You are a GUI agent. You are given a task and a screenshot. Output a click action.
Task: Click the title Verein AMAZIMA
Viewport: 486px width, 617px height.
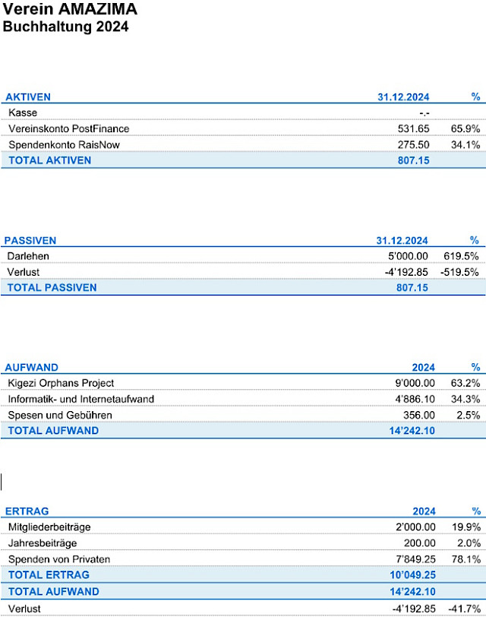point(71,10)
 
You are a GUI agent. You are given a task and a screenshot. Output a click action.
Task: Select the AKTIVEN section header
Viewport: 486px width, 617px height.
point(28,97)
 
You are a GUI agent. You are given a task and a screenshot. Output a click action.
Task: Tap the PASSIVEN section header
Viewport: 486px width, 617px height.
point(30,241)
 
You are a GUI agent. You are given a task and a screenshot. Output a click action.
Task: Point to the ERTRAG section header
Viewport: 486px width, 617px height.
point(27,511)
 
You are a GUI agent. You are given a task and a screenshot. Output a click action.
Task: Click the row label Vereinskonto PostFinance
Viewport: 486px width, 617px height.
point(68,128)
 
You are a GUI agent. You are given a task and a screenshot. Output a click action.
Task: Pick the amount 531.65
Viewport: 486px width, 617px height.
point(413,128)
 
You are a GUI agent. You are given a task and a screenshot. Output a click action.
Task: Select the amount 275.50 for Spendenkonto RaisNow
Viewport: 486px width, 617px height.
point(413,144)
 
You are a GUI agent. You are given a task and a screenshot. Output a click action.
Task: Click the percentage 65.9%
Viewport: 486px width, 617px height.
point(465,128)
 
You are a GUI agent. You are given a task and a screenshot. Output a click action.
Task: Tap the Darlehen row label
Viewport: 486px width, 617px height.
point(29,256)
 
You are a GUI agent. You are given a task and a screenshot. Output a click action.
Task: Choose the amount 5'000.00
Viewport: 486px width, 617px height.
point(407,256)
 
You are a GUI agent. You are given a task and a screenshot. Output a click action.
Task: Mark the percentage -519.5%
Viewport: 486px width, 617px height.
point(460,272)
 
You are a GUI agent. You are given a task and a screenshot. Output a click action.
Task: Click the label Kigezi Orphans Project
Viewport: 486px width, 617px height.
point(61,383)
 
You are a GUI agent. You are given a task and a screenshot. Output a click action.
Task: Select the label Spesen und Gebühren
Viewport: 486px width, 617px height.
point(60,415)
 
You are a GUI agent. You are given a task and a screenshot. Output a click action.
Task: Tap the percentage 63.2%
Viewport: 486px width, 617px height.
point(465,383)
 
